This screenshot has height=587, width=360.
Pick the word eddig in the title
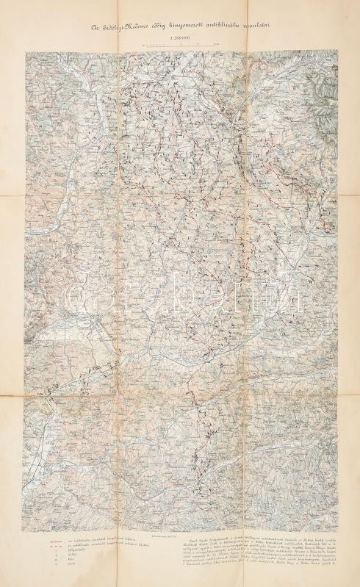pos(167,27)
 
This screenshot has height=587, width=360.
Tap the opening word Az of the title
pos(94,27)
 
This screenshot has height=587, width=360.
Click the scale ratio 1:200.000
pos(180,39)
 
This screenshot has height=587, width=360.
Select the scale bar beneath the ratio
pos(180,46)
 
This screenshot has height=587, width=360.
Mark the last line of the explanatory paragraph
pos(250,570)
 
